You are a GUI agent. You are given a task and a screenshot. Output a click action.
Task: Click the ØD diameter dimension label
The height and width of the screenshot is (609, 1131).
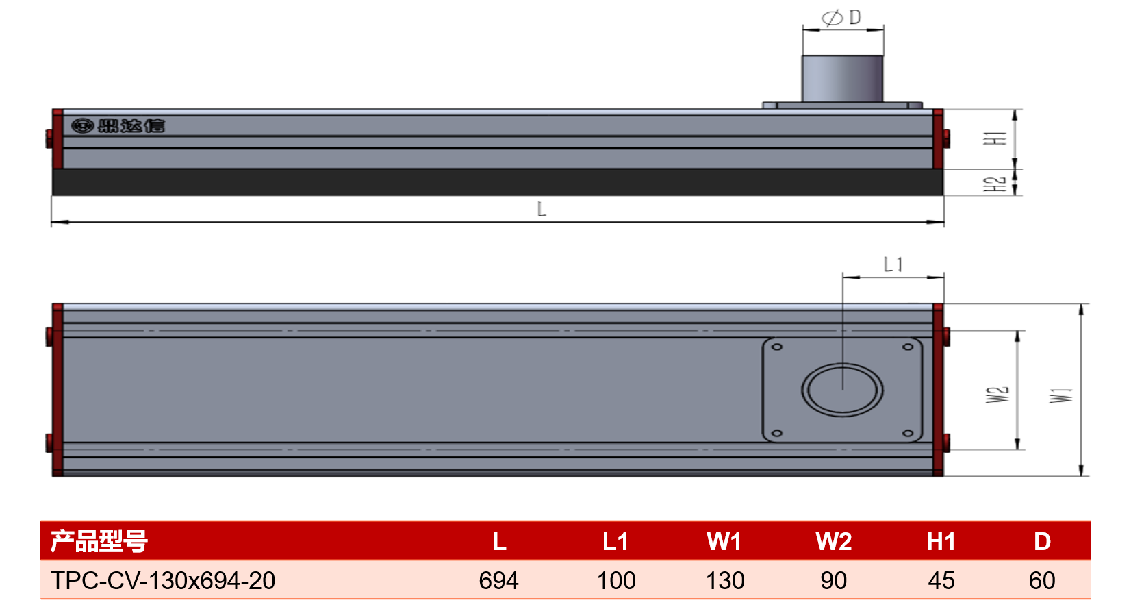pos(841,18)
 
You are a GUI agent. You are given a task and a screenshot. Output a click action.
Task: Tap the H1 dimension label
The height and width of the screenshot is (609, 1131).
pos(995,138)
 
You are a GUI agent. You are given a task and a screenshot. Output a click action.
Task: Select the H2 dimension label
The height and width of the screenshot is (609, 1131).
pos(995,184)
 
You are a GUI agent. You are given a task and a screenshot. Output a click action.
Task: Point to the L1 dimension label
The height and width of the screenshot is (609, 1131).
pos(893,264)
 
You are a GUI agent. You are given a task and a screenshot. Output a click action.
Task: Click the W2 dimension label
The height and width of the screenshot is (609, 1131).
pos(997,395)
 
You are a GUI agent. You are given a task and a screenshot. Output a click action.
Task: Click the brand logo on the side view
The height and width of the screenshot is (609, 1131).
pos(118,125)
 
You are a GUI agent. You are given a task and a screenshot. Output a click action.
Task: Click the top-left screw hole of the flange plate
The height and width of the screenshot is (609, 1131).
pos(777,347)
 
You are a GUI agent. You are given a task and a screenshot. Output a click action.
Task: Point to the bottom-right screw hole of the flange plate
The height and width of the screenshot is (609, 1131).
pos(908,433)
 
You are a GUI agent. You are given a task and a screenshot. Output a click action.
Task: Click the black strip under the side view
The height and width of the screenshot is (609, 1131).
pos(498,182)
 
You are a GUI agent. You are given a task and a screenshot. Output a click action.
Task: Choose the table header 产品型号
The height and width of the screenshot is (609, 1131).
pos(99,541)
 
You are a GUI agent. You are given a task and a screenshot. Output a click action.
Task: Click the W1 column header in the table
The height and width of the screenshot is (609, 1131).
pos(724,542)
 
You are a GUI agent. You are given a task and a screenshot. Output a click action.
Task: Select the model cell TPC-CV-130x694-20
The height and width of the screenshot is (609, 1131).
pos(163,580)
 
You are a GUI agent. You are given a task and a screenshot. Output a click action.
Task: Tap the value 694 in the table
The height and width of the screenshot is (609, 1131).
pos(499,581)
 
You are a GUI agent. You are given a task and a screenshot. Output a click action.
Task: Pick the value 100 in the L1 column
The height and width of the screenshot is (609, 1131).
pos(616,581)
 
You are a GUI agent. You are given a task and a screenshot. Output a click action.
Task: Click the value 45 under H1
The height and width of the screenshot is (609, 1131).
pos(941,581)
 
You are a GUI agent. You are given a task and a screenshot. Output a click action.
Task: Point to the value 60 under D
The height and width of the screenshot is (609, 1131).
pos(1042,581)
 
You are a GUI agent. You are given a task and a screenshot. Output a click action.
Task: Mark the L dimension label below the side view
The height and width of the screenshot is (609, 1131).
pos(542,209)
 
